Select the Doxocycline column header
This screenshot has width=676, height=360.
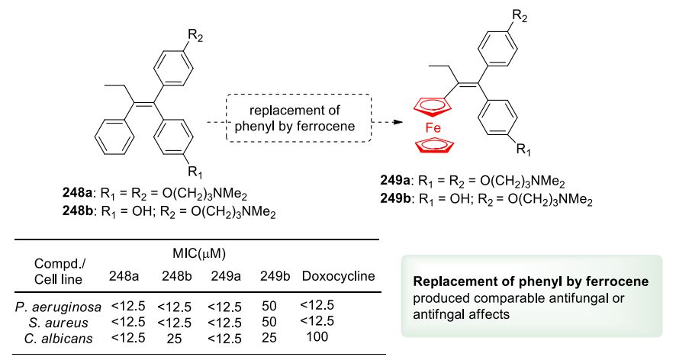coord(339,275)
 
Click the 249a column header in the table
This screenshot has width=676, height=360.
coord(224,275)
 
